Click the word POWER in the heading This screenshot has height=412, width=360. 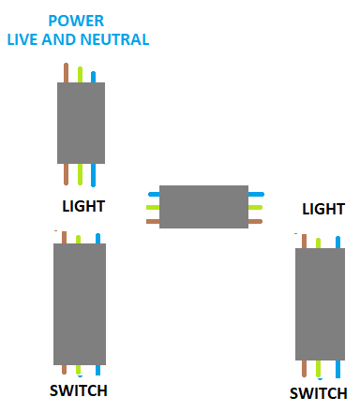76,21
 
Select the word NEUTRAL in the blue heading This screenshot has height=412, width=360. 114,39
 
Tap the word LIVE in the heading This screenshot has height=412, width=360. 23,39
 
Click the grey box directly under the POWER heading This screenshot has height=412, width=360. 81,123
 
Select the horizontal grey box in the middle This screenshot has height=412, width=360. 203,207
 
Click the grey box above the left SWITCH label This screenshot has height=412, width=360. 80,304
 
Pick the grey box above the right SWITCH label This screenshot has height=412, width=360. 320,304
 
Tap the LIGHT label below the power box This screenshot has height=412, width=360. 83,206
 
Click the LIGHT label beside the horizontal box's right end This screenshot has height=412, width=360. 323,209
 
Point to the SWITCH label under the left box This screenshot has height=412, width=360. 79,390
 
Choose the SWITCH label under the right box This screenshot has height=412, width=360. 319,393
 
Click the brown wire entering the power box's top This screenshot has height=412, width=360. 66,73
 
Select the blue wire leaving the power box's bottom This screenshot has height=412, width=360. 93,175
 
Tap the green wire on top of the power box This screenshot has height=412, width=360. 80,75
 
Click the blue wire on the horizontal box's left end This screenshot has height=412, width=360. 154,194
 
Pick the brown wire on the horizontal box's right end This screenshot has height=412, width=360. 255,222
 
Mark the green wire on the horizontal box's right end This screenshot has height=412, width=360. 255,207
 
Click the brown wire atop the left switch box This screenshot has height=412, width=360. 64,238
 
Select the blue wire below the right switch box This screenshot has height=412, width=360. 337,369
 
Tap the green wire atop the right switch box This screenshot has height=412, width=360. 318,243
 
